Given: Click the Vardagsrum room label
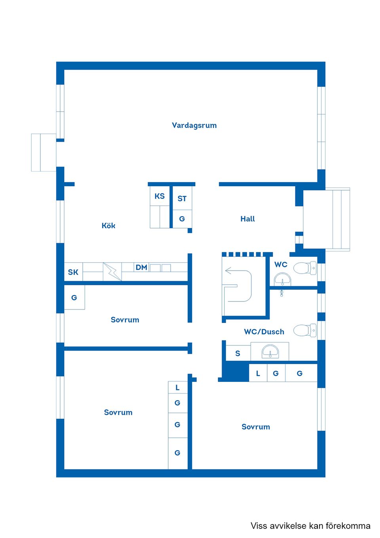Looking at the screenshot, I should pos(194,126).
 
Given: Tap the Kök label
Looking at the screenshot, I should pos(108,226).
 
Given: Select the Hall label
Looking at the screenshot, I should pos(247,219).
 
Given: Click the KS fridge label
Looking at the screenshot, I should pos(160,196).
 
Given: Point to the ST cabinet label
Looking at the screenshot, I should pos(182,198).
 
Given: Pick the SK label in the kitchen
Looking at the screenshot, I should pos(73,272).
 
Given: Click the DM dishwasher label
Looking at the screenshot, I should pos(141,267).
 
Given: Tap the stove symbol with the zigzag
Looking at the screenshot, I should pos(112,272).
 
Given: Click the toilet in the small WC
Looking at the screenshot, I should pos(305,268).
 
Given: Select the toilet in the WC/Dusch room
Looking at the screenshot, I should pos(305,330).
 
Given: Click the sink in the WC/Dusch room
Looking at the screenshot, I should pos(270,351).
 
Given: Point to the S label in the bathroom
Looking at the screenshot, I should pos(237,353).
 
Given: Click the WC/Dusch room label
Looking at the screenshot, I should pos(264,332).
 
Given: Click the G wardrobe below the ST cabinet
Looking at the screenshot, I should pos(182,219).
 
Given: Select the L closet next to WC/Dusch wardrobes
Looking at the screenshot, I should pos(258,373).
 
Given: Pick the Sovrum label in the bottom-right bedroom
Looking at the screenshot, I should pos(256,427).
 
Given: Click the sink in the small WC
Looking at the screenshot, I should pos(282,279).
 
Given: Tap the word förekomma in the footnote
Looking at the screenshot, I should pos(348,526).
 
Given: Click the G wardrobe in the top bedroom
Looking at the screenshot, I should pos(74,298).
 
